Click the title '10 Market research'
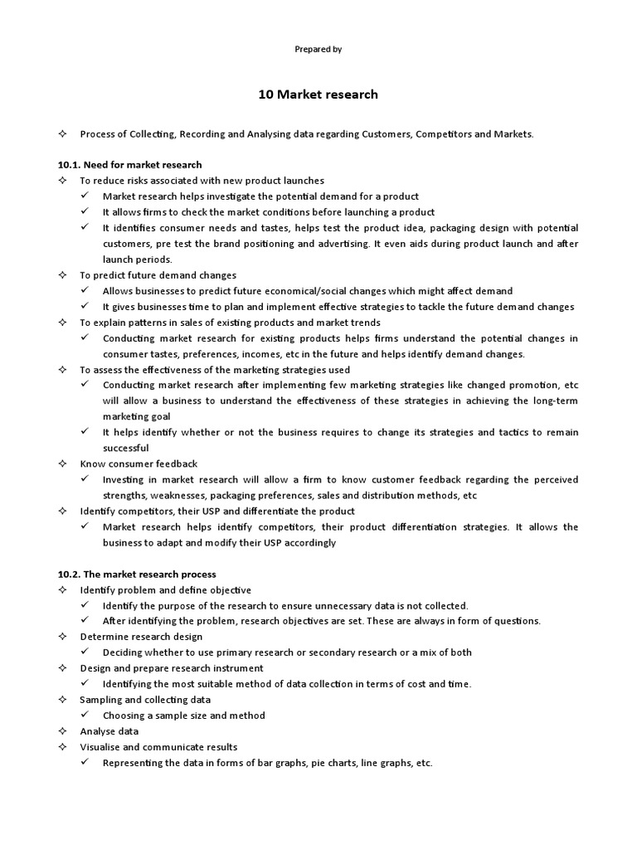pos(318,95)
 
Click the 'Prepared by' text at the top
pos(318,50)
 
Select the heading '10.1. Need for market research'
pos(130,165)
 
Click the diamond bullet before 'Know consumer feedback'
pos(61,464)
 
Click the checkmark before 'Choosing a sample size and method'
pos(85,716)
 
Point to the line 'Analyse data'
pos(109,731)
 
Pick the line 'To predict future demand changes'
pos(158,275)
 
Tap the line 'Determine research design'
pos(141,637)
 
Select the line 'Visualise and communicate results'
pos(158,747)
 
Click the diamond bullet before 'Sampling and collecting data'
pos(61,700)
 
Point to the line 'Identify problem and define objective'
pos(165,589)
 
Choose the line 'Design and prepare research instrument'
pos(171,668)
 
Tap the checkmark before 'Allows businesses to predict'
pos(85,291)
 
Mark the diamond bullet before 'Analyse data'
pos(61,731)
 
